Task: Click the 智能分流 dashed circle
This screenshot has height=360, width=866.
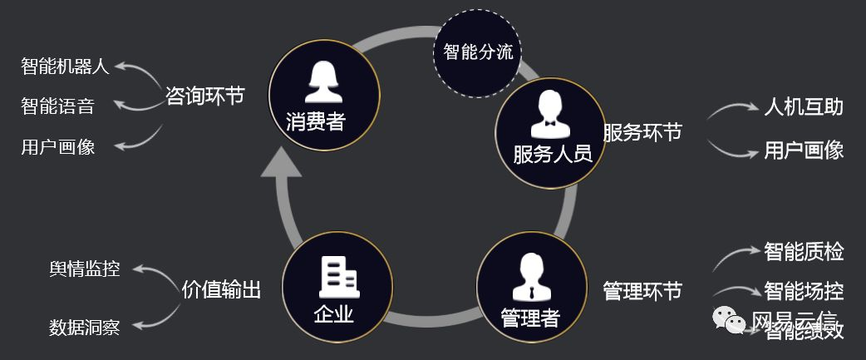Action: [x=477, y=52]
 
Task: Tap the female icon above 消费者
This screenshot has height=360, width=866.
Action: [x=325, y=81]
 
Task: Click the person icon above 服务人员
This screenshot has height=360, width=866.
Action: [x=549, y=112]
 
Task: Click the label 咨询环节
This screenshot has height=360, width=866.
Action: [x=204, y=96]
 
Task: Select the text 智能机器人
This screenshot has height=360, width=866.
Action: [x=65, y=67]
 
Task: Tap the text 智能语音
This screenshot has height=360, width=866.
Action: [x=57, y=106]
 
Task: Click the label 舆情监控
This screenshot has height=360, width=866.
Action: [x=84, y=269]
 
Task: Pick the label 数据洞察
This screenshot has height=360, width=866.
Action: [x=84, y=328]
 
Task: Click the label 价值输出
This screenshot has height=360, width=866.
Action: [x=221, y=289]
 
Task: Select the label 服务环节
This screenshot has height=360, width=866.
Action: [x=642, y=133]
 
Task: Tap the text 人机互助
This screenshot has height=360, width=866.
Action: [x=804, y=107]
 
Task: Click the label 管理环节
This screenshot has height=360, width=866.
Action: [x=642, y=291]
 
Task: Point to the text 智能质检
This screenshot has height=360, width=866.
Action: [x=804, y=250]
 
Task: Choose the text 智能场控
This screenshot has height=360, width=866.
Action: [x=804, y=291]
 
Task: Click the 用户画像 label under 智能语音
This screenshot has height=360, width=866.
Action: [x=57, y=147]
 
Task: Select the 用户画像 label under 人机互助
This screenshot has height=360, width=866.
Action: [x=804, y=150]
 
